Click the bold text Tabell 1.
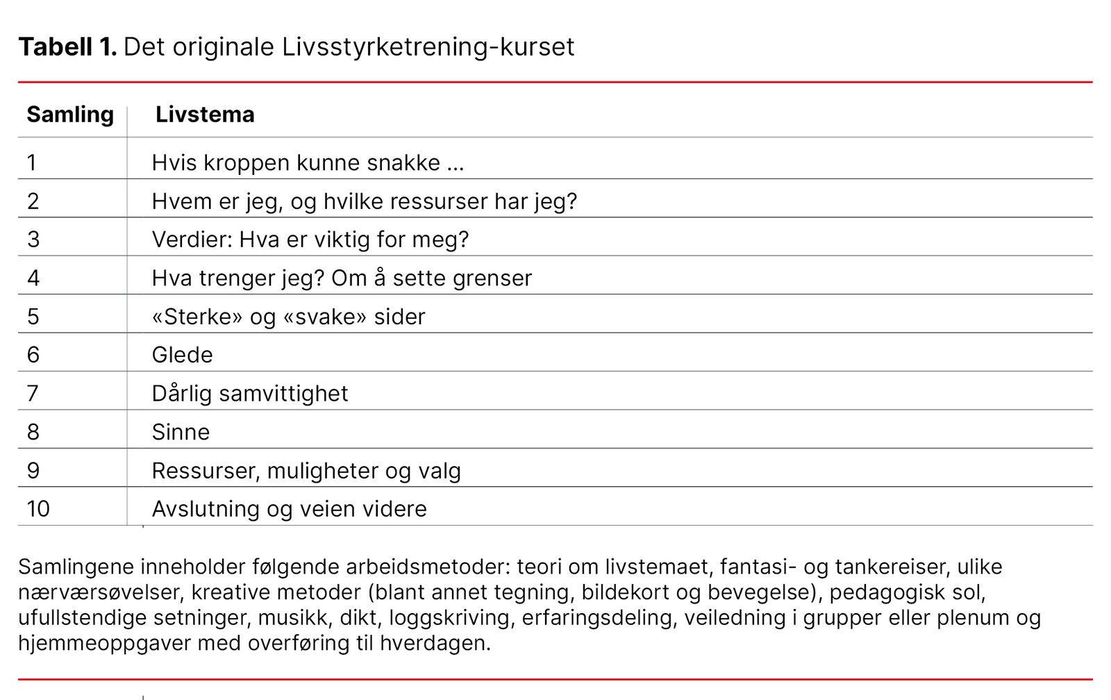click(67, 47)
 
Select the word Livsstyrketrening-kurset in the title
click(428, 47)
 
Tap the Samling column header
click(70, 114)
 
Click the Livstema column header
click(205, 114)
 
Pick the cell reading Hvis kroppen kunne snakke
click(308, 162)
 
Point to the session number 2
click(33, 201)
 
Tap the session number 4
click(33, 278)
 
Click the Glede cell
click(182, 355)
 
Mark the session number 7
click(33, 394)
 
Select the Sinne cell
click(181, 432)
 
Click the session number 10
click(38, 509)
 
